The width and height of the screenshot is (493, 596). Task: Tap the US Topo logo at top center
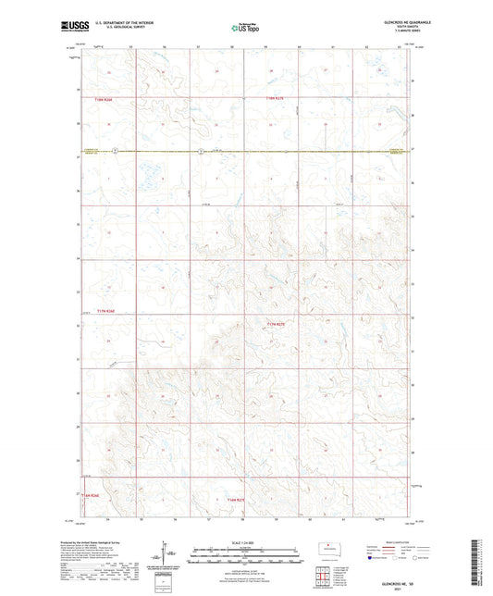pyautogui.click(x=245, y=29)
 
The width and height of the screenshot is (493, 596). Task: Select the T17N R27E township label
pyautogui.click(x=277, y=324)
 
